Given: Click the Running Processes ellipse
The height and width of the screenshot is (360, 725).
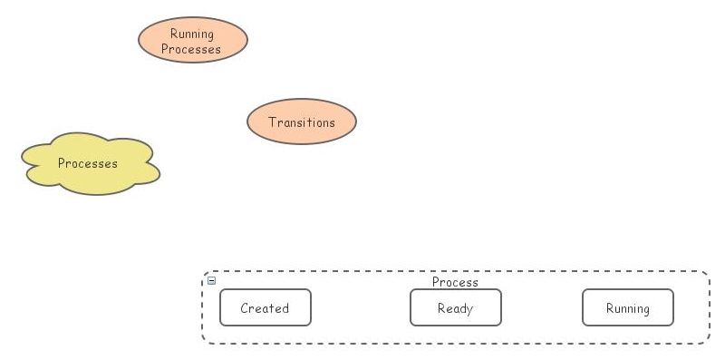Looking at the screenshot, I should pyautogui.click(x=192, y=41).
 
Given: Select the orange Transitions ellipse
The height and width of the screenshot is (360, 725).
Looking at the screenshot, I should pyautogui.click(x=302, y=122).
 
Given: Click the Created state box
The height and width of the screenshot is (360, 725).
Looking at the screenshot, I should pyautogui.click(x=265, y=307).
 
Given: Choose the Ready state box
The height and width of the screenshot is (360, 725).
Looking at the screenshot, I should pyautogui.click(x=455, y=307).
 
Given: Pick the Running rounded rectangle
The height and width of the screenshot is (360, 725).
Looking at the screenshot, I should pyautogui.click(x=627, y=307).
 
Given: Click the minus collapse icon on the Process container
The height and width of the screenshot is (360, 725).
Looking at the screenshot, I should pyautogui.click(x=212, y=280).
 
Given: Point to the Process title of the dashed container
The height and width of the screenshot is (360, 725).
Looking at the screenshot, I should pyautogui.click(x=455, y=282).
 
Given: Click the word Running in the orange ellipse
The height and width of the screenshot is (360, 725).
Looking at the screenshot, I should pyautogui.click(x=192, y=34).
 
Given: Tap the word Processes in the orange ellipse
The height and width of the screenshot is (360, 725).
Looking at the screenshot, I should pyautogui.click(x=191, y=49).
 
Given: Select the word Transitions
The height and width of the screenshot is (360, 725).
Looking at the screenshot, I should pyautogui.click(x=302, y=122).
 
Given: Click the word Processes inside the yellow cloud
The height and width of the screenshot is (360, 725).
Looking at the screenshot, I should pyautogui.click(x=88, y=164).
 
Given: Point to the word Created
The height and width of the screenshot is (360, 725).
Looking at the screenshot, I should pyautogui.click(x=265, y=308).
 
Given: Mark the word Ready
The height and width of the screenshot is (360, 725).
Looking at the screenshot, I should pyautogui.click(x=455, y=308).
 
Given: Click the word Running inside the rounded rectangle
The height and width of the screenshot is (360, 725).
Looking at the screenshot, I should pyautogui.click(x=628, y=308).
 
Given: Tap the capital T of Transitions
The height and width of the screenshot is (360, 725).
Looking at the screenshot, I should pyautogui.click(x=272, y=122).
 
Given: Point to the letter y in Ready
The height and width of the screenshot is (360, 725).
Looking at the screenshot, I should pyautogui.click(x=469, y=310).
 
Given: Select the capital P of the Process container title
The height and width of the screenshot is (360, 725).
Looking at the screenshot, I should pyautogui.click(x=436, y=282).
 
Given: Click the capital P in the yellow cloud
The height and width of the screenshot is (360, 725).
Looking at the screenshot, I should pyautogui.click(x=62, y=164).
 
